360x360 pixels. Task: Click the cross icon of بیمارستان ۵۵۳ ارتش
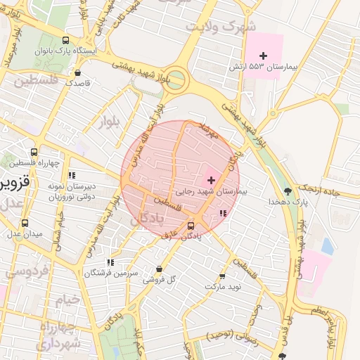click(264, 56)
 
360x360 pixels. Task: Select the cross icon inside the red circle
click(211, 180)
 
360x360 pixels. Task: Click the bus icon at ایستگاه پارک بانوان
click(66, 40)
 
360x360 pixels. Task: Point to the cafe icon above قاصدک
click(77, 72)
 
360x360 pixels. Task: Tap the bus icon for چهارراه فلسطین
click(34, 152)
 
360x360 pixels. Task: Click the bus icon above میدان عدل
click(25, 223)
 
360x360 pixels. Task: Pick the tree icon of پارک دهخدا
click(288, 191)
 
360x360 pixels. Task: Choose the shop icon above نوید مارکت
click(223, 276)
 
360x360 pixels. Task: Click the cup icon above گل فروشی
click(159, 269)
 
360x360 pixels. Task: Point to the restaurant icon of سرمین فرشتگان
click(110, 262)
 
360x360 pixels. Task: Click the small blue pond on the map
click(328, 247)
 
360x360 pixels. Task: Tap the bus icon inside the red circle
click(191, 225)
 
